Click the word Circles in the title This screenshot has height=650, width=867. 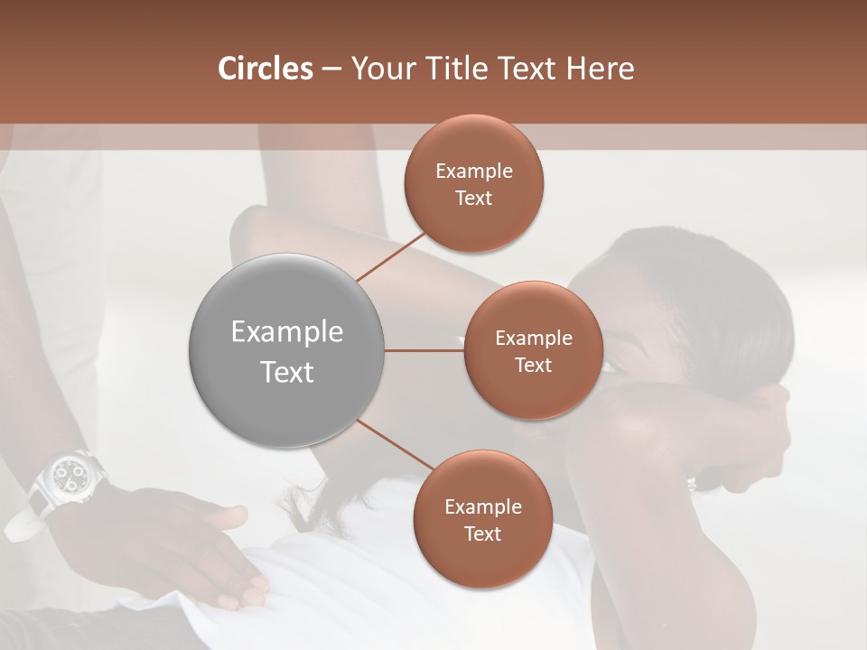(266, 69)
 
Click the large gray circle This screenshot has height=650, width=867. (286, 350)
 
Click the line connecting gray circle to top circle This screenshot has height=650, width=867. (392, 255)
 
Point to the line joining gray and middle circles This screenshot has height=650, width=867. (424, 350)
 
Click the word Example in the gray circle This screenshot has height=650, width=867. (286, 332)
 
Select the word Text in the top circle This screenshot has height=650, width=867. (473, 199)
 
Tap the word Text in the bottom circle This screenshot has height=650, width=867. (482, 534)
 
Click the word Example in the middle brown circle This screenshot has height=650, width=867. (533, 339)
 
